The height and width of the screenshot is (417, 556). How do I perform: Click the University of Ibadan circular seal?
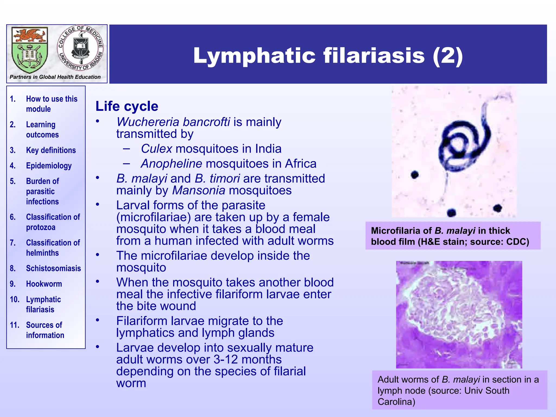coord(81,48)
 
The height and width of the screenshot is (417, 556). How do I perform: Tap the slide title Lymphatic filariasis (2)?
coord(328,55)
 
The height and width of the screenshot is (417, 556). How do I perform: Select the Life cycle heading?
coord(127,106)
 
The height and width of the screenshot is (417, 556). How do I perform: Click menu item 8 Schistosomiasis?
coord(53,268)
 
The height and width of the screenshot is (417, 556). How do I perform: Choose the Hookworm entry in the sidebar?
coord(44,284)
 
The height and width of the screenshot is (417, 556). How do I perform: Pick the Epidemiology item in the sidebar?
coord(49,166)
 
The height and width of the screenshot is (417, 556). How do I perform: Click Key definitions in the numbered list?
coord(51,150)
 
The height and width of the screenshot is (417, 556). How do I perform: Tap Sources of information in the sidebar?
coord(45,330)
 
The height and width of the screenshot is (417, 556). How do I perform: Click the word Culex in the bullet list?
coord(156,149)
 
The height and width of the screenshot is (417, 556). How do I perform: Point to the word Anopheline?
coord(171,164)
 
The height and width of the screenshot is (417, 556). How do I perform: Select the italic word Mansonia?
coord(198,190)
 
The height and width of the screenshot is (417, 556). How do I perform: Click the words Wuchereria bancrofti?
coord(173,122)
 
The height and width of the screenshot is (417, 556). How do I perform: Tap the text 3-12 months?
coord(247,359)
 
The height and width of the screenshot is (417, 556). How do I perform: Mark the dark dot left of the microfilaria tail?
coord(415,174)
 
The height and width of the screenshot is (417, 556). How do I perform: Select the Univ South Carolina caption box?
coord(459,390)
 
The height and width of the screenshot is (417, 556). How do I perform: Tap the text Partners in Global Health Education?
coord(55,77)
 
